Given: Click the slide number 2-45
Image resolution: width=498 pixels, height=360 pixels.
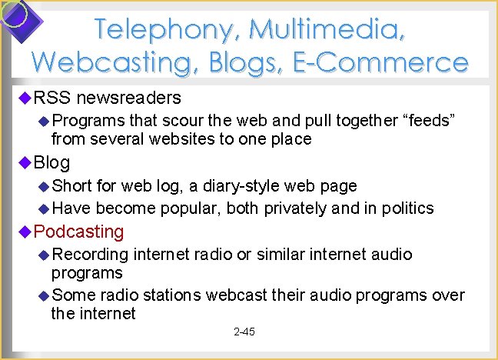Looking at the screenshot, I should point(244,332).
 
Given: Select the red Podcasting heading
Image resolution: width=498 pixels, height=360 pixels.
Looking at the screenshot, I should point(79,232).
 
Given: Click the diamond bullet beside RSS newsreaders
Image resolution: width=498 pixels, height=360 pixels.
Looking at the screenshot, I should point(25,98).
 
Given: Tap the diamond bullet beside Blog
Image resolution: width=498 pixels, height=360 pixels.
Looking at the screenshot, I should point(25,162).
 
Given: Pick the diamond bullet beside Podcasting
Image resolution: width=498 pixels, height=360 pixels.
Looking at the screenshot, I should point(25,232).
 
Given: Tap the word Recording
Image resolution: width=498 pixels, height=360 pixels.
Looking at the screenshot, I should point(90,254).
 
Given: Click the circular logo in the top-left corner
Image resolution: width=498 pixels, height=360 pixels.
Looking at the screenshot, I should point(15,15).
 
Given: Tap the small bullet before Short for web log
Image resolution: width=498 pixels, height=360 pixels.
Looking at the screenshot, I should point(44,186).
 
